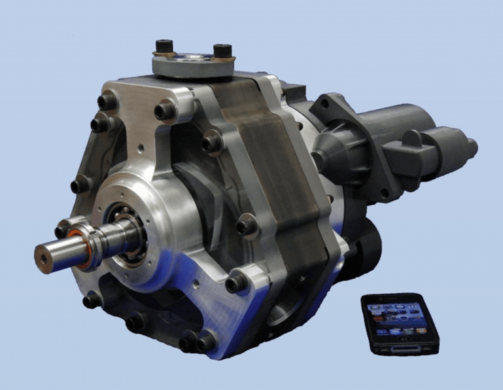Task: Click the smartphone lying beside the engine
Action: coord(400,324)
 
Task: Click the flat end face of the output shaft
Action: coord(44,257)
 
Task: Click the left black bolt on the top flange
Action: coord(164,48)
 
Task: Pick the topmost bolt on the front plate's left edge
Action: coord(107,102)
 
